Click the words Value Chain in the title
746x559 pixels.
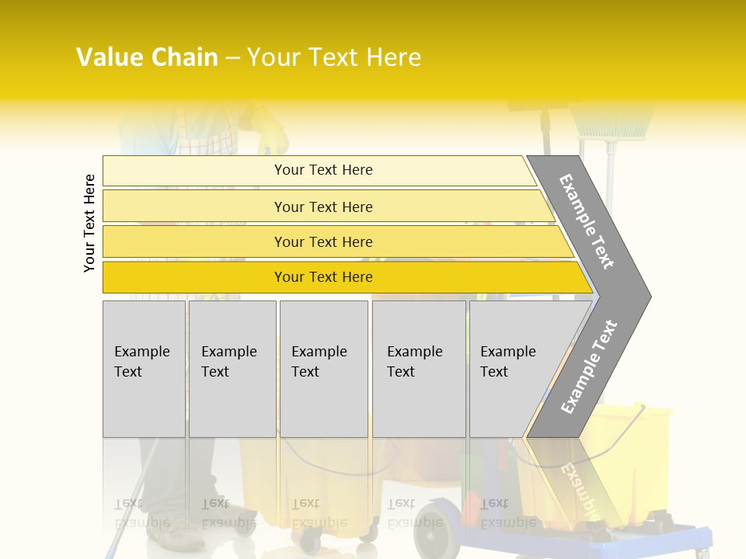147,57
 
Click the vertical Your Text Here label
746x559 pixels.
89,223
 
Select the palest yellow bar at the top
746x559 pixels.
322,170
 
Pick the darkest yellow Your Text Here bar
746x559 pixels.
322,277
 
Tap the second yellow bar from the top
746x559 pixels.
322,207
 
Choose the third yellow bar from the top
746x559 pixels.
322,241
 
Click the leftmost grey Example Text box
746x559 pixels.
144,369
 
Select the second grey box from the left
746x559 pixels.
232,369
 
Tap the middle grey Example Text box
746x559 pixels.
323,369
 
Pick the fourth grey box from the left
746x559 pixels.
418,369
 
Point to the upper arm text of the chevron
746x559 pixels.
587,221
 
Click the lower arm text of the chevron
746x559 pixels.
589,366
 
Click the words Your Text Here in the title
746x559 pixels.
334,57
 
